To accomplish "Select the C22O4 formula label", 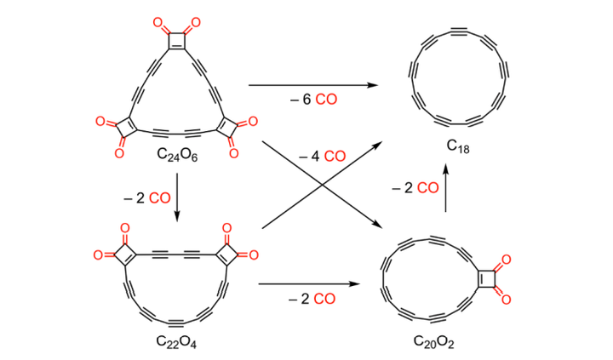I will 177,342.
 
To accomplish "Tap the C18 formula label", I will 458,146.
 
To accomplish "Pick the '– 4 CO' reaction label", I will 322,156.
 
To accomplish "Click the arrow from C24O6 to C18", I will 312,85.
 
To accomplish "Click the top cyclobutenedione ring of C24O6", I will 178,39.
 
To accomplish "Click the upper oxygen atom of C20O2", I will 505,259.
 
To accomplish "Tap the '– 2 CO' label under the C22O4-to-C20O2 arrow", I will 311,299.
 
